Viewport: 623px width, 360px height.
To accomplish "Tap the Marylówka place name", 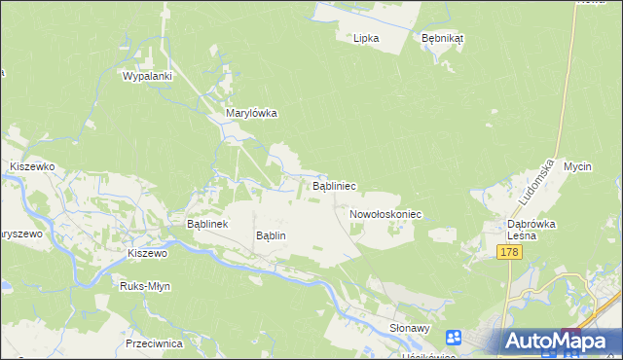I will pyautogui.click(x=252, y=113).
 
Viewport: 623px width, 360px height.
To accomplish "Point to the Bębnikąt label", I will pyautogui.click(x=442, y=38).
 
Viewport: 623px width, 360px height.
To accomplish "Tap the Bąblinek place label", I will pyautogui.click(x=206, y=224).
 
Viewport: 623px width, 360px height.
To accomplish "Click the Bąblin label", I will pyautogui.click(x=270, y=235).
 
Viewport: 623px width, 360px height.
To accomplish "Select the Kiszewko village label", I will pyautogui.click(x=32, y=167).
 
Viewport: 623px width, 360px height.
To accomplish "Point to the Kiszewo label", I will pyautogui.click(x=148, y=253).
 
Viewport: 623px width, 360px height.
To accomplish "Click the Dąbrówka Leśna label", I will pyautogui.click(x=531, y=229).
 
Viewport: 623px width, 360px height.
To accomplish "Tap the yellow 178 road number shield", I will pyautogui.click(x=509, y=252).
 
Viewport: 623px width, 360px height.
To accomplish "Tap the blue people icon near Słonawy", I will pyautogui.click(x=454, y=338).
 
